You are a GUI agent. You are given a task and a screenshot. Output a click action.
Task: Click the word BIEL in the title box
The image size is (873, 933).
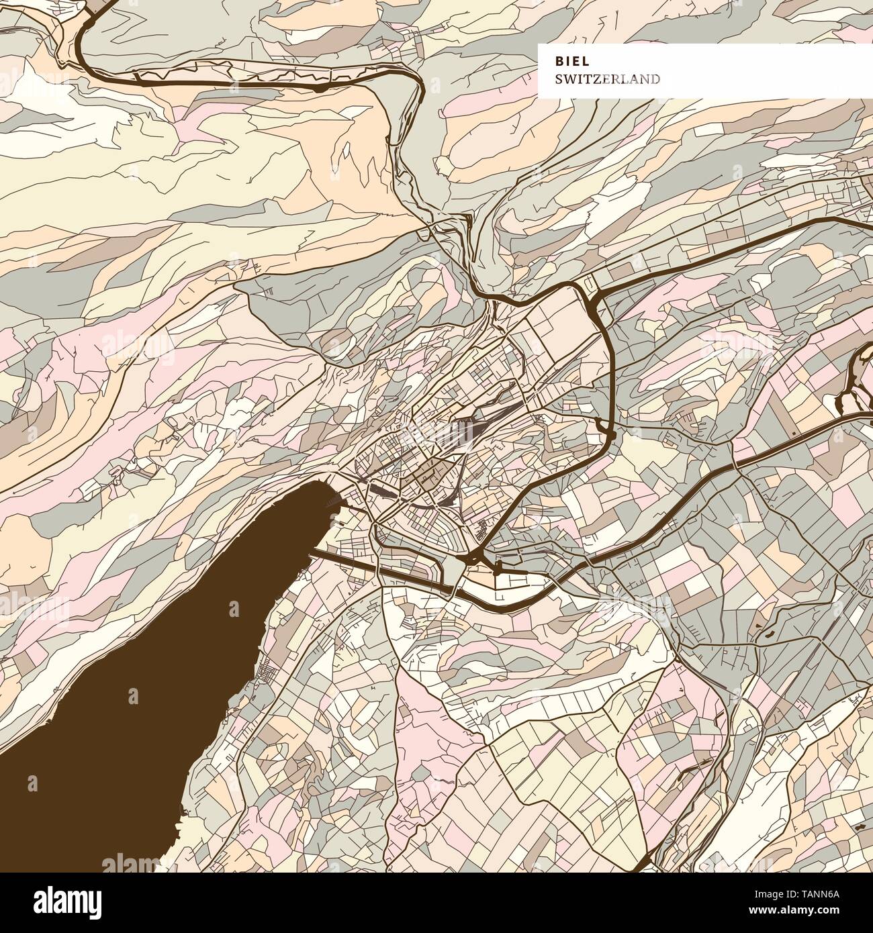click(572, 60)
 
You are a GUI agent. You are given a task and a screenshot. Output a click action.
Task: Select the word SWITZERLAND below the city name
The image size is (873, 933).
click(607, 79)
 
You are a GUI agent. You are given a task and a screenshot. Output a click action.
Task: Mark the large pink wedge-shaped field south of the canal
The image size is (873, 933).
click(430, 732)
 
